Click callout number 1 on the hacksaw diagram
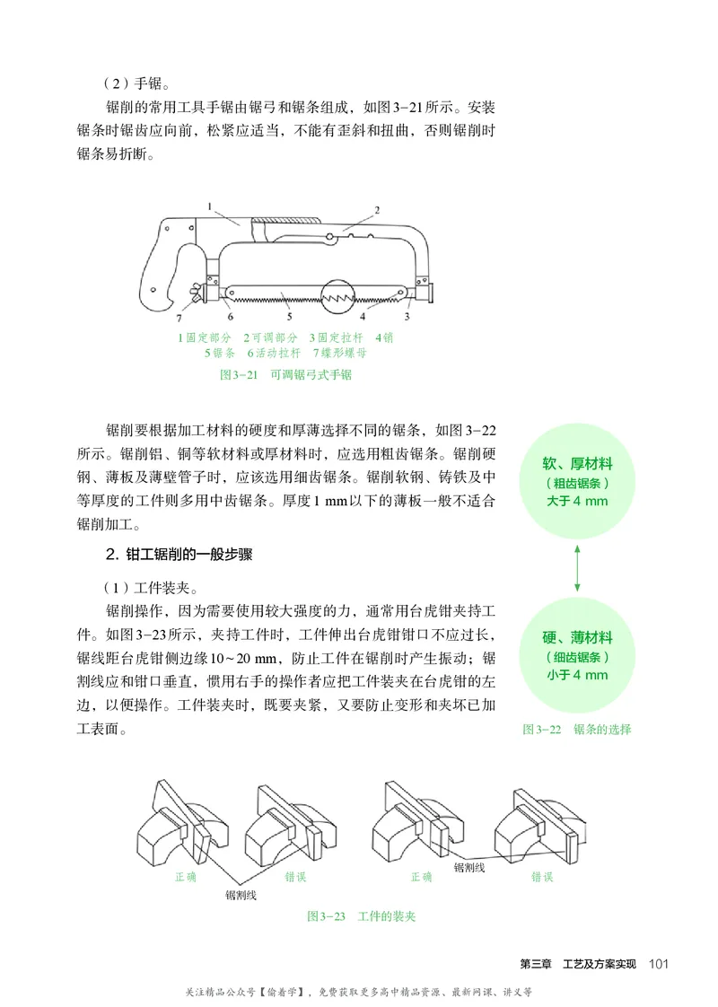(208, 206)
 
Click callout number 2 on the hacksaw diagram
(377, 209)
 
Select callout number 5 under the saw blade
(289, 317)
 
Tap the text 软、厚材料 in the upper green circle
(577, 464)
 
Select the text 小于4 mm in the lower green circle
(577, 675)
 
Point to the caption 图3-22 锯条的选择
(576, 729)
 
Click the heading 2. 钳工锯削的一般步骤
(179, 555)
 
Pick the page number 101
(658, 964)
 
